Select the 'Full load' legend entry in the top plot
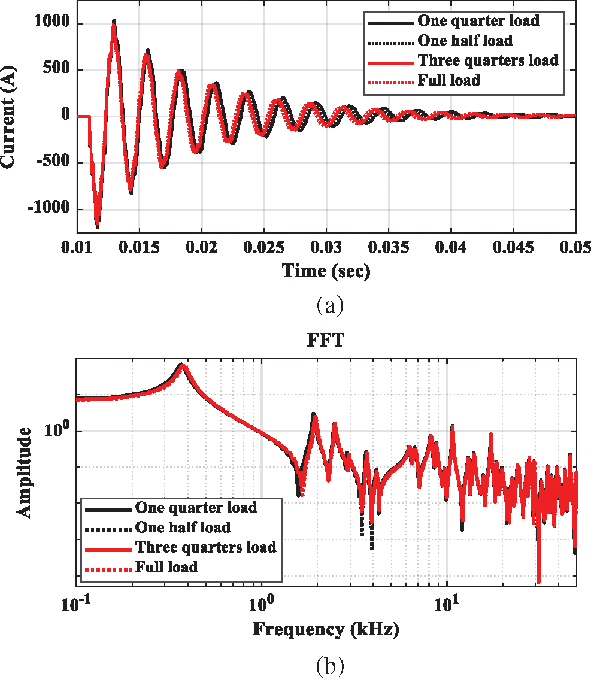(448, 80)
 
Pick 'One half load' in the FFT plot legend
(183, 528)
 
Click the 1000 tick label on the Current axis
(51, 24)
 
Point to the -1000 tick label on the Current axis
(48, 210)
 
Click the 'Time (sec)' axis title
(326, 271)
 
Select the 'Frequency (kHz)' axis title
(326, 629)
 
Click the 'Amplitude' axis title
(23, 471)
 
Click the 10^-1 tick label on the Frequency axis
(77, 605)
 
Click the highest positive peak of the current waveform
(114, 21)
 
